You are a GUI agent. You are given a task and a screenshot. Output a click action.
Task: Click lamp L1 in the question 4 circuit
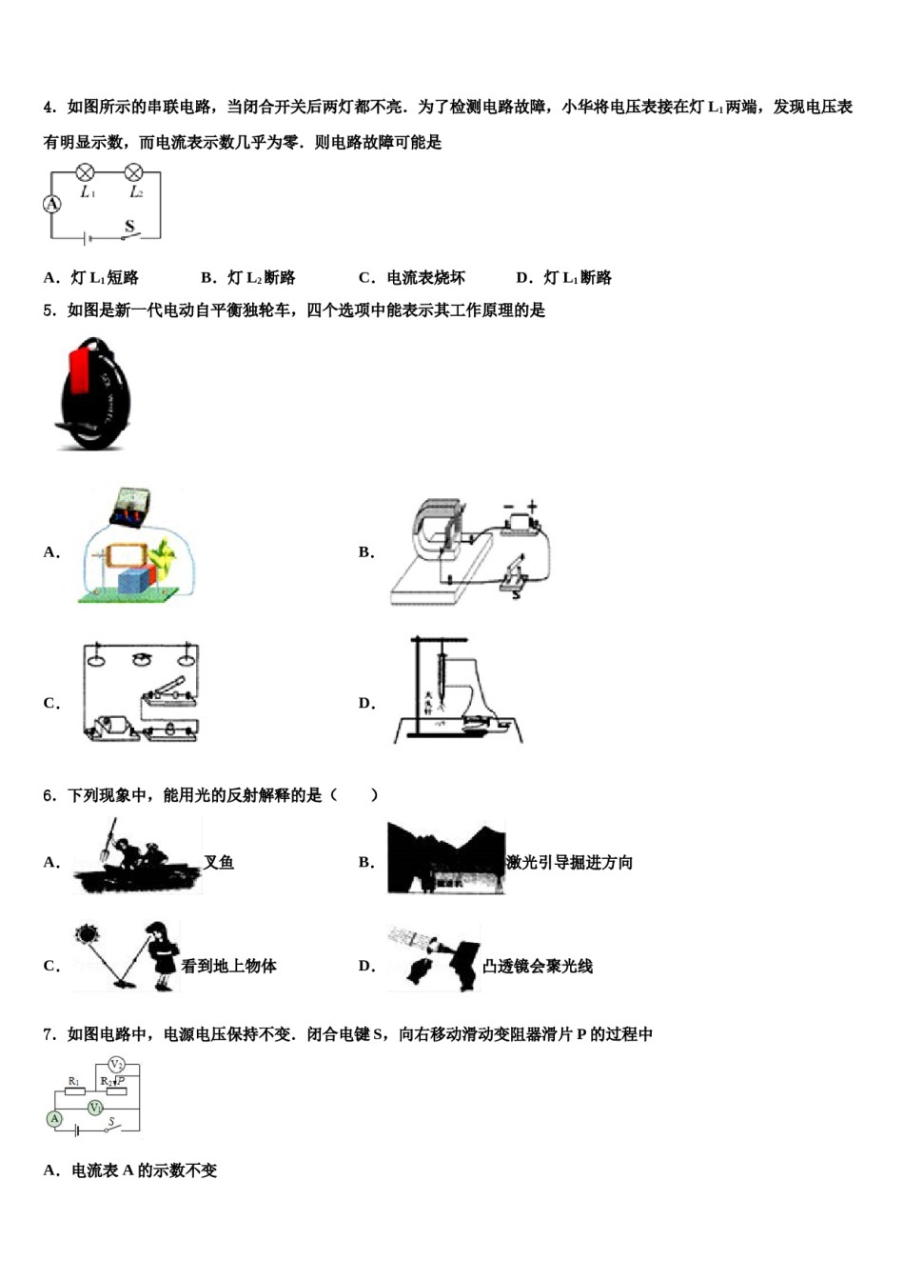point(86,172)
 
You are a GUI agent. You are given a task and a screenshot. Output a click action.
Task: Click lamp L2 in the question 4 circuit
point(134,172)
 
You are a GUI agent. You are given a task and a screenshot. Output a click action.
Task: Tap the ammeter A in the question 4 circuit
point(52,204)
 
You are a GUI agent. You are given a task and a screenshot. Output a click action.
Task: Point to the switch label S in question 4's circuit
point(129,226)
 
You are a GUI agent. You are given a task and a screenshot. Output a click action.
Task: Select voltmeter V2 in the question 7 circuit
point(116,1064)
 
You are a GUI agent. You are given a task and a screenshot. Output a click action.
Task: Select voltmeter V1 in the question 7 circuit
point(95,1107)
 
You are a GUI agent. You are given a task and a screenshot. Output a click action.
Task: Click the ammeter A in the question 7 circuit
point(54,1119)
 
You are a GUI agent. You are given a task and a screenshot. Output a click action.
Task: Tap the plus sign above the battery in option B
point(532,507)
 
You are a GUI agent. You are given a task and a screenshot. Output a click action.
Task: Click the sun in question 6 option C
point(88,934)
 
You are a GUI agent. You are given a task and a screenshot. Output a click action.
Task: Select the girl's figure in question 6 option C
point(162,956)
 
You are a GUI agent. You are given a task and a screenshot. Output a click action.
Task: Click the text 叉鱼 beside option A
point(219,862)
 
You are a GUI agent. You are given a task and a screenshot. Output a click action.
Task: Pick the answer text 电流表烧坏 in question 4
point(425,278)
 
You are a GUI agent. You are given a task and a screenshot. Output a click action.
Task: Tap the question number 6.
point(49,795)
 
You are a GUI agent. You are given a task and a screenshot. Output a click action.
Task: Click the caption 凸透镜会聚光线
point(537,966)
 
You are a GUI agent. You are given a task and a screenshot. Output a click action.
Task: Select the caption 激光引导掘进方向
point(569,862)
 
